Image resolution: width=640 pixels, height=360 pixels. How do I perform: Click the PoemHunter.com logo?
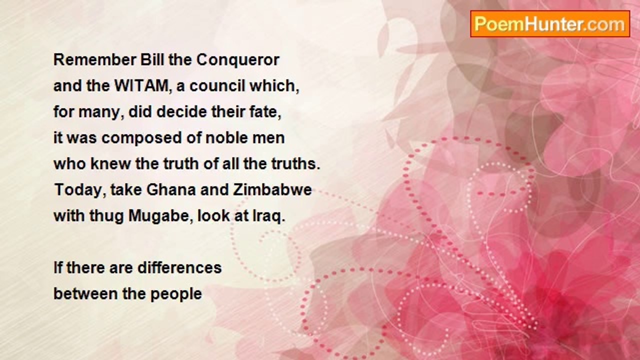(x=550, y=24)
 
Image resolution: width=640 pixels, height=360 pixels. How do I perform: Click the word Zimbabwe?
(x=272, y=190)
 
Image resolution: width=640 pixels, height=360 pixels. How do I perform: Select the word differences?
(x=179, y=268)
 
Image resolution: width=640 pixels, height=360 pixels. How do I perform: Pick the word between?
(x=85, y=294)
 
